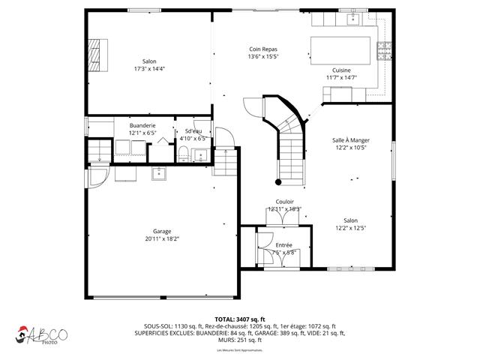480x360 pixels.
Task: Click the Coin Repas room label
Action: (264, 49)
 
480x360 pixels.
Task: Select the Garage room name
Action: (162, 231)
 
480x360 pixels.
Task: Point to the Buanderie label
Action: (142, 125)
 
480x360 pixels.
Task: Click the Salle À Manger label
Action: (349, 140)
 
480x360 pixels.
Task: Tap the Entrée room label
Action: (283, 245)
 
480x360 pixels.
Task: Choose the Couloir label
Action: (284, 202)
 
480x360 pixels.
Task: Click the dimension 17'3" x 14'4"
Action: (149, 68)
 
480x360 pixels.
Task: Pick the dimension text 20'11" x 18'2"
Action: (162, 238)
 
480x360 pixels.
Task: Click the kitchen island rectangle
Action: (342, 50)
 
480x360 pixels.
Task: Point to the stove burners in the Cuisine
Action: (385, 51)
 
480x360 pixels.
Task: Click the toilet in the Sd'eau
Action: (183, 155)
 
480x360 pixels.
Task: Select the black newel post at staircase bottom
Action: (278, 181)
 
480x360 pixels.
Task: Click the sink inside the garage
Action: (159, 174)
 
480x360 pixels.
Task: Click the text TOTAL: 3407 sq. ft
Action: (240, 319)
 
